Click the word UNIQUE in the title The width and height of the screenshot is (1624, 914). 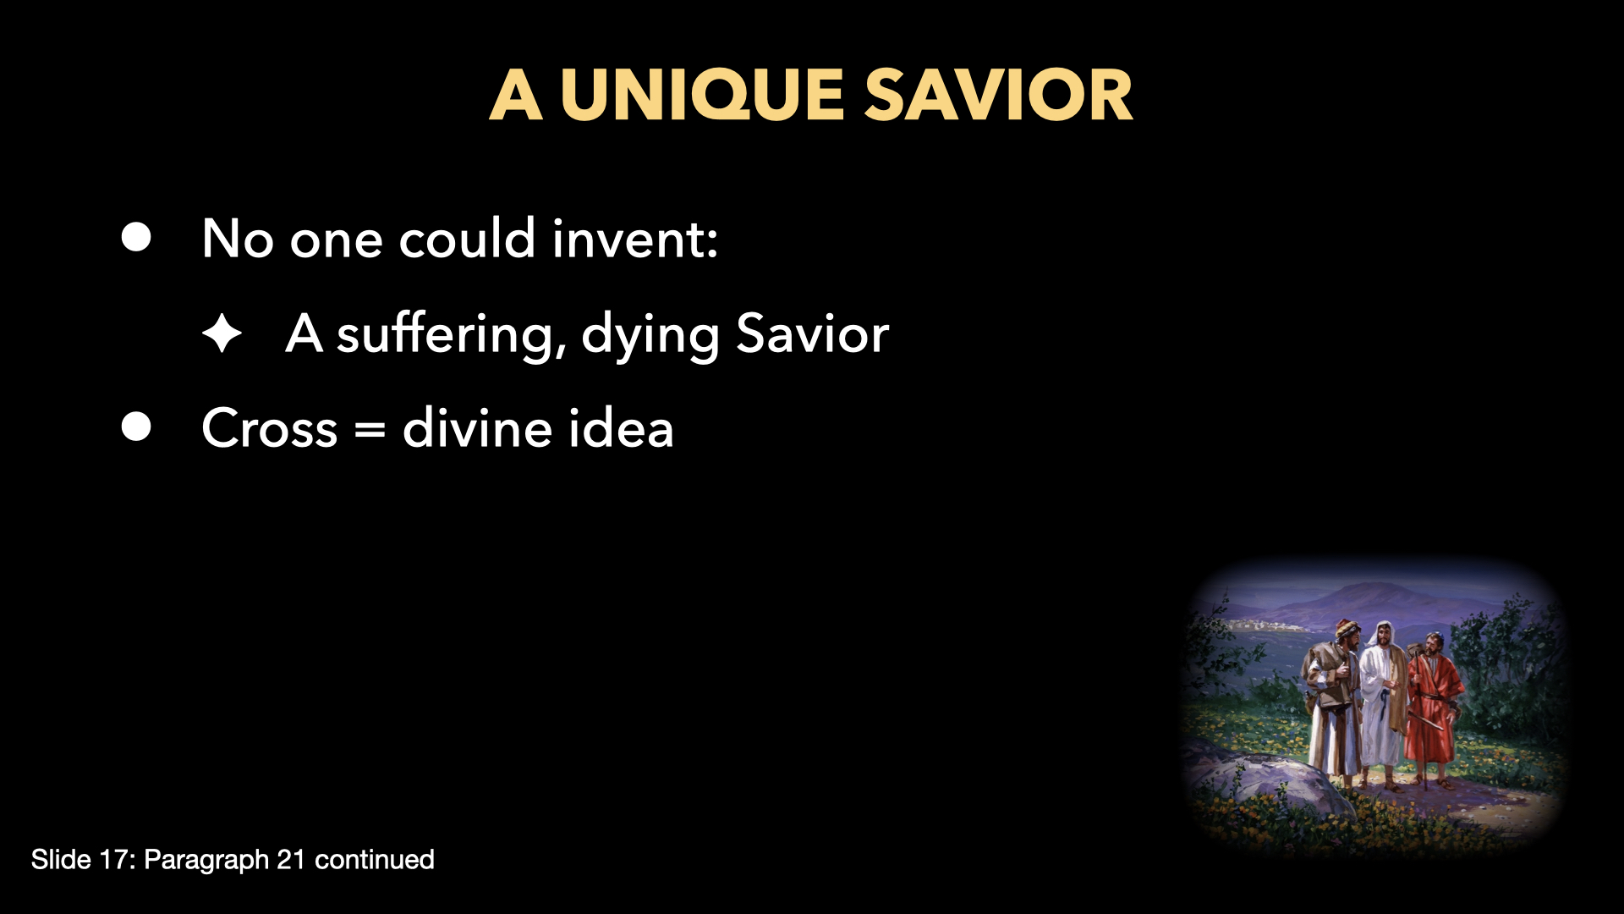tap(702, 95)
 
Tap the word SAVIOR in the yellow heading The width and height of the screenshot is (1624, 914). tap(998, 95)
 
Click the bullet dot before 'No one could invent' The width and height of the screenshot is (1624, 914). tap(136, 237)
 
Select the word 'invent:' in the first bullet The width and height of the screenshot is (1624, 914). tap(634, 239)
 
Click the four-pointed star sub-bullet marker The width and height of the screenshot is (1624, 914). tap(222, 333)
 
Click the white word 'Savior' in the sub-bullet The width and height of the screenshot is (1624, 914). tap(812, 333)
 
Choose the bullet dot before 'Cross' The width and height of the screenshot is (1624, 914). tap(136, 427)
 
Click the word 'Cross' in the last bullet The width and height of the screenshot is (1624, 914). tap(270, 428)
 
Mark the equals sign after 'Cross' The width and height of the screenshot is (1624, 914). tap(370, 430)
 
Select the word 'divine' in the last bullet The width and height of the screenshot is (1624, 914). tap(477, 428)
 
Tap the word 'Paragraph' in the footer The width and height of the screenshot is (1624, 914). tap(206, 860)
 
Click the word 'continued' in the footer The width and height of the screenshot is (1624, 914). tap(374, 860)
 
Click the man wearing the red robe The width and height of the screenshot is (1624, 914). tap(1431, 707)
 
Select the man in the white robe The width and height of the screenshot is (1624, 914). tap(1382, 694)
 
